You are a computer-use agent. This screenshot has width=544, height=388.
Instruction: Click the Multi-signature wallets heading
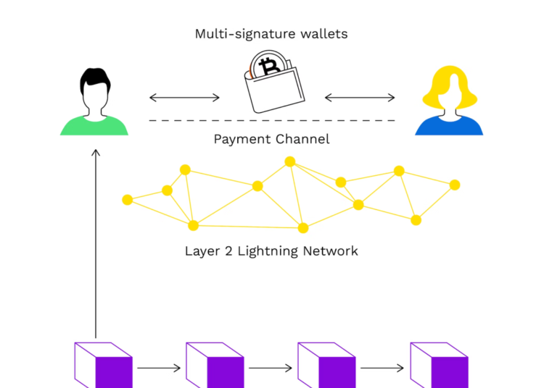[x=271, y=34]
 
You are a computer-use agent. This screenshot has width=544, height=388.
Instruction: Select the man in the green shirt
[x=94, y=105]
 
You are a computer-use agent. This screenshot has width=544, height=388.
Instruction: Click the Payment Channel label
[x=271, y=139]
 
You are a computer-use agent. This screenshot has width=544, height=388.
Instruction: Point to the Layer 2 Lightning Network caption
[x=271, y=251]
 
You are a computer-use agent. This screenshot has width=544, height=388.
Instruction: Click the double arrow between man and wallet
[x=184, y=97]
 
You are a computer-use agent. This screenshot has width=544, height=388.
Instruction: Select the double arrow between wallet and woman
[x=360, y=97]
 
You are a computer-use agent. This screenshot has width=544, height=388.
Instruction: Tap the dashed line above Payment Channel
[x=272, y=120]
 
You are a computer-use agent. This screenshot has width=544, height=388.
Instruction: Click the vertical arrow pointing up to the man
[x=95, y=239]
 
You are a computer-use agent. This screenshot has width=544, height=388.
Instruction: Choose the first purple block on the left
[x=103, y=366]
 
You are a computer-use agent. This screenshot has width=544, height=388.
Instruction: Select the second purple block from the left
[x=215, y=366]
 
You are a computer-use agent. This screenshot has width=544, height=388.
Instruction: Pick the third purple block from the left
[x=326, y=366]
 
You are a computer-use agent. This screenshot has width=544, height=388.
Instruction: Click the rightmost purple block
[x=439, y=366]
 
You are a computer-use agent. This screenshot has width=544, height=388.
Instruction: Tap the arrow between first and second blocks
[x=159, y=368]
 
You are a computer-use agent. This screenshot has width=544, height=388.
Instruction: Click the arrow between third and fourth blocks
[x=382, y=368]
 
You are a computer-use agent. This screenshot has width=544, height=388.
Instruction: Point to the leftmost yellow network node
[x=128, y=200]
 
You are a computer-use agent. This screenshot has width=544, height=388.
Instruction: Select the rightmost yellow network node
[x=455, y=185]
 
